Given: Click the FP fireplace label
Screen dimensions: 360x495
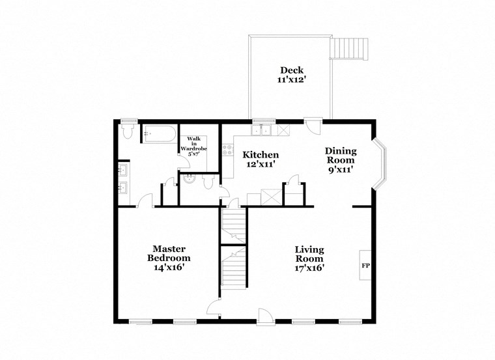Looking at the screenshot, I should pos(365,266).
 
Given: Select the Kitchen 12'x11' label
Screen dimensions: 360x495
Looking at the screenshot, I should pos(261,159).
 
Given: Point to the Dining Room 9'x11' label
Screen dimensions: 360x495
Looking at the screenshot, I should pos(341,160).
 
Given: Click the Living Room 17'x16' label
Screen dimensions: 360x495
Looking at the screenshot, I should pos(309,258).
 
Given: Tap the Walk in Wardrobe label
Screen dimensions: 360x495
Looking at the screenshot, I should pos(193,146).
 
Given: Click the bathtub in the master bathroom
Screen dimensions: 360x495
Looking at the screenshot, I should pos(159,135).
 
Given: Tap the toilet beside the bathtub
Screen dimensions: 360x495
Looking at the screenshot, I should pos(127,132).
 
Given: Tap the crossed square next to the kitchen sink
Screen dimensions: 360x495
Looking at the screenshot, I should pos(283,130).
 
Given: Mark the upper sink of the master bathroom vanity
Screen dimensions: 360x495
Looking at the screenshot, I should pos(124,173).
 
